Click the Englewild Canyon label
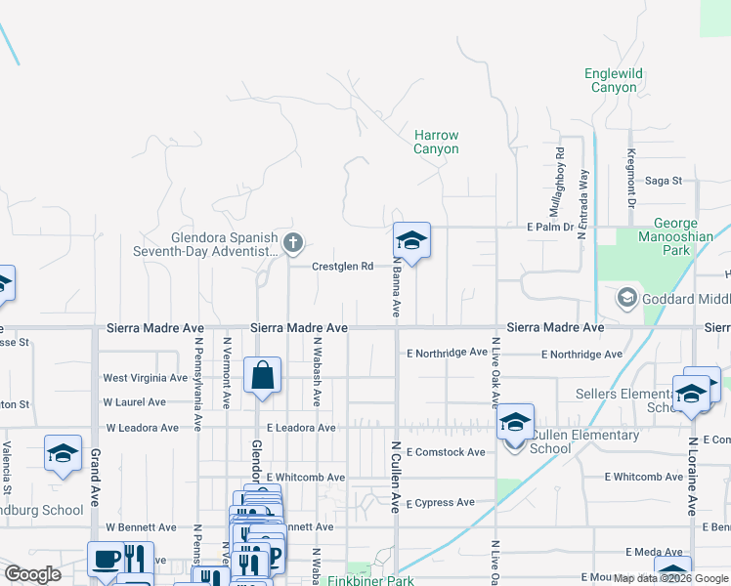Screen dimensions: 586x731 pyautogui.click(x=614, y=80)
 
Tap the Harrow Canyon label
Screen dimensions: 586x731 pyautogui.click(x=436, y=143)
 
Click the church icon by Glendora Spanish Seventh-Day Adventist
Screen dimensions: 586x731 pyautogui.click(x=292, y=242)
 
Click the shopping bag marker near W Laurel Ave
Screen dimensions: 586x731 pyautogui.click(x=263, y=377)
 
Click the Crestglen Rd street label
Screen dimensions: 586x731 pyautogui.click(x=342, y=266)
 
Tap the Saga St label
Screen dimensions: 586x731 pyautogui.click(x=664, y=181)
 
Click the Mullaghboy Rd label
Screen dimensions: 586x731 pyautogui.click(x=557, y=182)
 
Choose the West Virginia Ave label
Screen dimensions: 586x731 pyautogui.click(x=145, y=378)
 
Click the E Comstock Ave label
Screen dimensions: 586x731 pyautogui.click(x=446, y=452)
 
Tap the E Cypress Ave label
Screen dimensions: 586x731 pyautogui.click(x=441, y=503)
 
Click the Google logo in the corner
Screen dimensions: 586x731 pyautogui.click(x=32, y=574)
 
